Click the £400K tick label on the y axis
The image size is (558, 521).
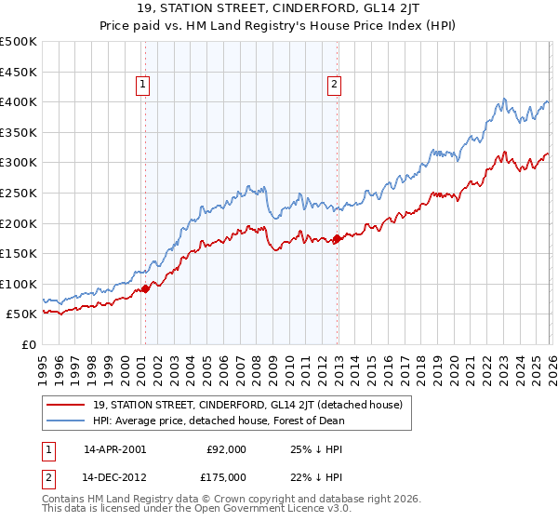click(19, 102)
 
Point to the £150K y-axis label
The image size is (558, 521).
click(19, 253)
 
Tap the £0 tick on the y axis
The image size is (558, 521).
click(29, 344)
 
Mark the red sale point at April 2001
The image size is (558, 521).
click(145, 289)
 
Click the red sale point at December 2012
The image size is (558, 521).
click(337, 239)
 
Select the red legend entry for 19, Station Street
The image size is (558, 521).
click(247, 405)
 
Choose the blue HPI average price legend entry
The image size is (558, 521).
click(219, 421)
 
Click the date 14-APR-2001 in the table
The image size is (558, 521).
click(114, 448)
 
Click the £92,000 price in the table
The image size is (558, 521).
click(227, 448)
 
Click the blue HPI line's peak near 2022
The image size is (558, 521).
click(503, 99)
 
